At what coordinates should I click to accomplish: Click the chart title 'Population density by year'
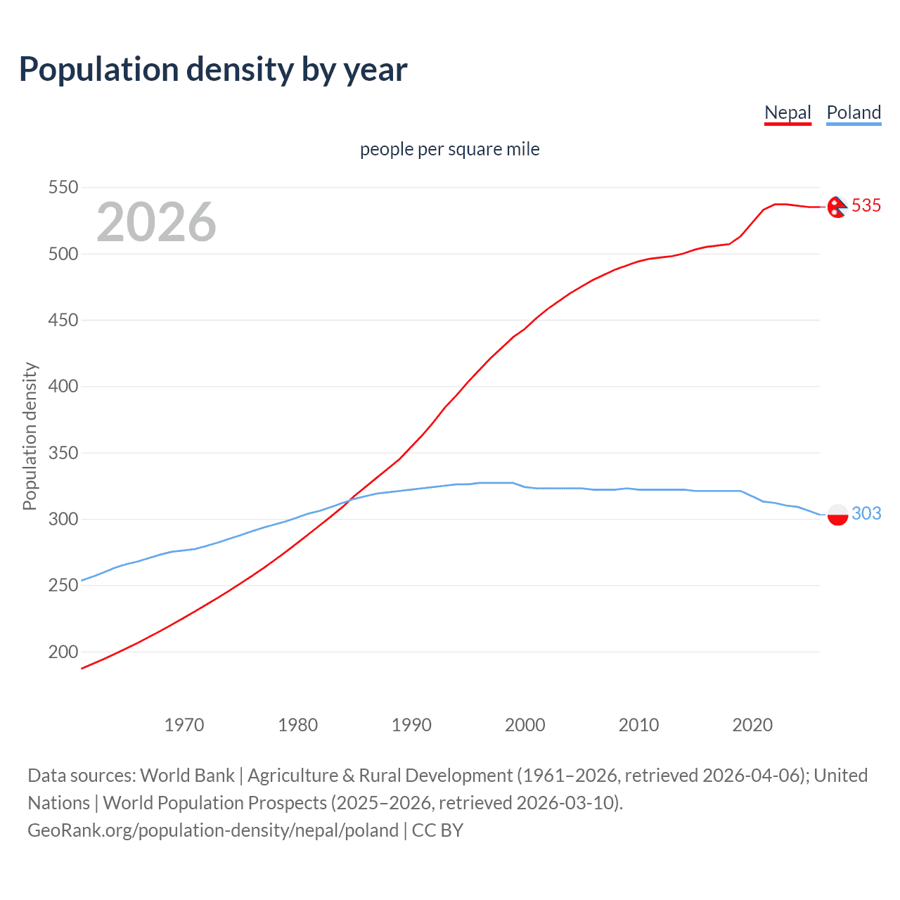[x=213, y=70]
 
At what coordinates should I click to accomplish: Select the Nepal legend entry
[x=787, y=112]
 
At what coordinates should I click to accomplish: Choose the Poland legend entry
[x=854, y=112]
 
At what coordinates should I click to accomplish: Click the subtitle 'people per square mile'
[x=449, y=149]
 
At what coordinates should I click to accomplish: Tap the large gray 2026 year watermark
[x=156, y=222]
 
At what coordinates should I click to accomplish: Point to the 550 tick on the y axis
[x=63, y=188]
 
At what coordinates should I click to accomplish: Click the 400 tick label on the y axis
[x=63, y=387]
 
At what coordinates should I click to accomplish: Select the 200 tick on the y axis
[x=63, y=652]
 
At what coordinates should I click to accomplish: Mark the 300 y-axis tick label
[x=63, y=520]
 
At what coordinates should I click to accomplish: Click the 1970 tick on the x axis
[x=184, y=725]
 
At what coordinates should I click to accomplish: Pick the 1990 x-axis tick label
[x=411, y=725]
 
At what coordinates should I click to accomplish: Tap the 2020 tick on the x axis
[x=752, y=725]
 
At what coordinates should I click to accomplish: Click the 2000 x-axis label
[x=525, y=725]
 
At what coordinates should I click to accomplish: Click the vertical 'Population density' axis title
[x=30, y=436]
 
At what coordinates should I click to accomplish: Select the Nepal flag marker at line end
[x=837, y=207]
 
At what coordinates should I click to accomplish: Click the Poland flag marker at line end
[x=837, y=515]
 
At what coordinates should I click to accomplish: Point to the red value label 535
[x=866, y=205]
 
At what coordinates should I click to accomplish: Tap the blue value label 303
[x=866, y=513]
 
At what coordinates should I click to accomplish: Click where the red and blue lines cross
[x=349, y=499]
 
